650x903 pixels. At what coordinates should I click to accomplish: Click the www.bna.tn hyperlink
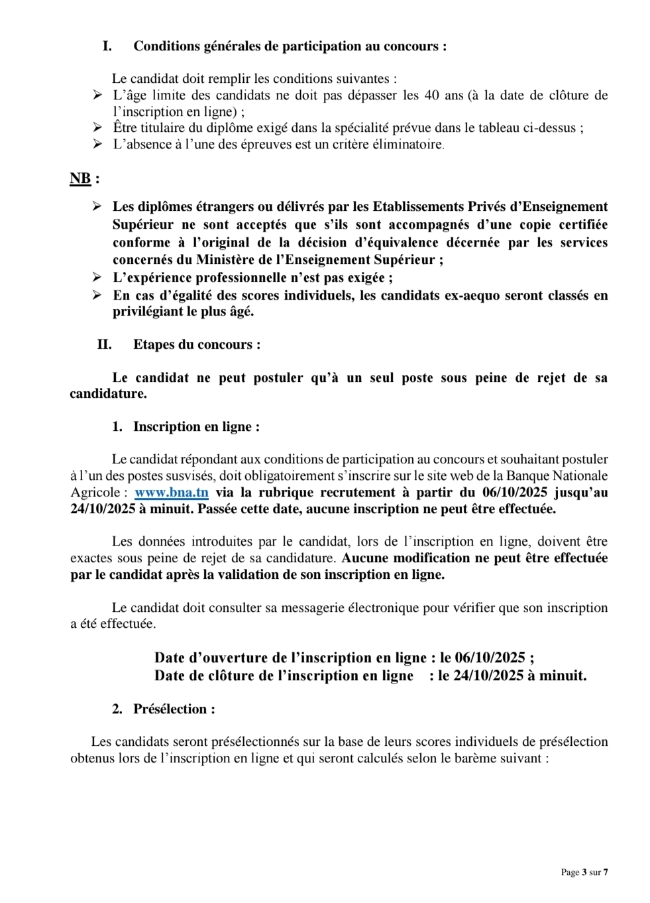coord(171,493)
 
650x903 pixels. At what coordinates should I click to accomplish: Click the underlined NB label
coord(80,178)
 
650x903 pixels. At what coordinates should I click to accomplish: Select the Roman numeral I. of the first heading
coord(107,46)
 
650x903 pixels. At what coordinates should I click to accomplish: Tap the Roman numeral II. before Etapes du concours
coord(104,345)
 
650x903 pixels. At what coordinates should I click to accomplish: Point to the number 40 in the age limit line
coord(431,95)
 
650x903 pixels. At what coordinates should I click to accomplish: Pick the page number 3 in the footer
coord(584,873)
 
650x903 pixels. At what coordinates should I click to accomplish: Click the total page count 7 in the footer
coord(605,873)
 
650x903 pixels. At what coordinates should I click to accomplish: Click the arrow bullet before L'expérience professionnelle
coord(97,277)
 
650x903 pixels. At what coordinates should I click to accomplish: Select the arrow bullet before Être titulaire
coord(97,127)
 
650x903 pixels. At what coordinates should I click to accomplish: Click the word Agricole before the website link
coord(95,493)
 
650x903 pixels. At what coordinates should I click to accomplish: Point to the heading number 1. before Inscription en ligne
coord(117,427)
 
